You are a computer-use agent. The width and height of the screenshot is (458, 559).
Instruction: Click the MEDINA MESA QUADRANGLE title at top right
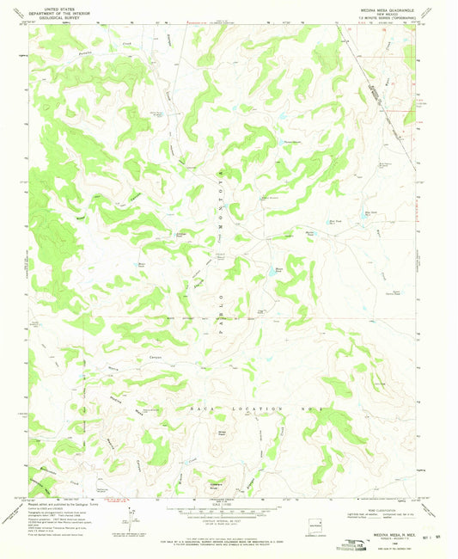pos(376,9)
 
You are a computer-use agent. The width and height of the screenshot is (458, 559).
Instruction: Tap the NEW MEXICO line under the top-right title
pos(376,15)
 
